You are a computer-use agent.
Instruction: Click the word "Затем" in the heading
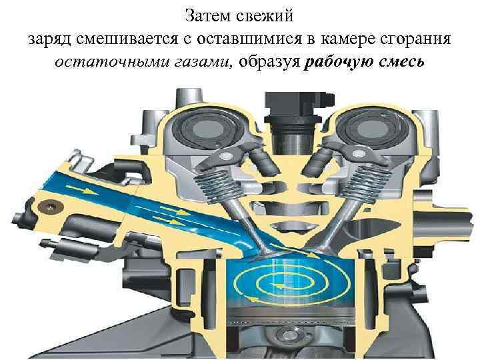click(203, 14)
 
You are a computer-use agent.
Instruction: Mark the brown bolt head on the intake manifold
click(47, 206)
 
